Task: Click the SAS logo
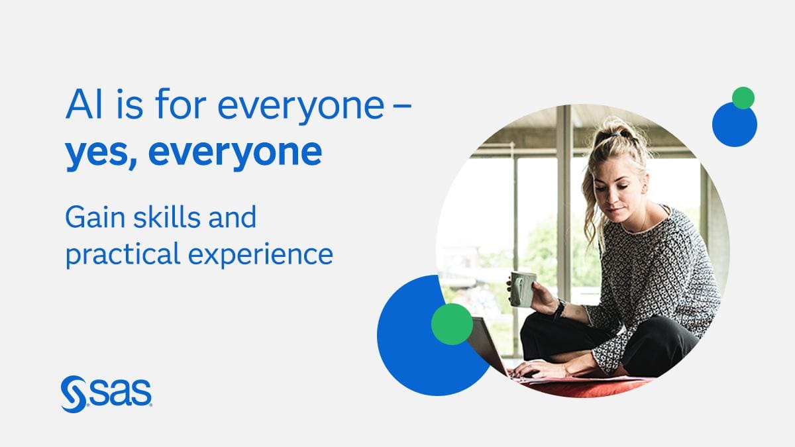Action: pos(107,394)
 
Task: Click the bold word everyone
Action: pos(235,153)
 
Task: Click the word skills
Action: pos(166,217)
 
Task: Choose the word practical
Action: pos(123,254)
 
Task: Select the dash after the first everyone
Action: pos(403,105)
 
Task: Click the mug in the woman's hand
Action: pos(523,289)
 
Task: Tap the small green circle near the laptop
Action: pos(452,324)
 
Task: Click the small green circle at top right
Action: pos(743,98)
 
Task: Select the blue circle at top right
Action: pos(734,126)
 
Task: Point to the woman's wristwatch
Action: pos(560,309)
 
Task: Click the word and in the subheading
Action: pos(232,217)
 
